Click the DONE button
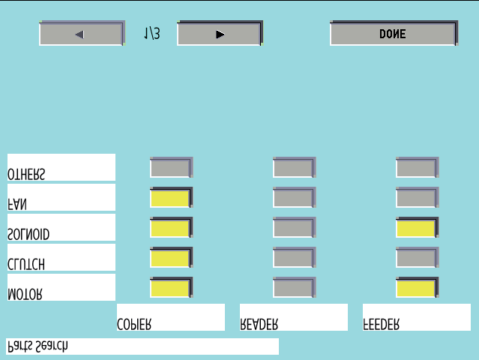(x=394, y=33)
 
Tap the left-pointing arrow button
(x=82, y=33)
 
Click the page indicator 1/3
(x=152, y=33)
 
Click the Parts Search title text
(x=37, y=346)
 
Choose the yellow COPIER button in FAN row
(x=171, y=197)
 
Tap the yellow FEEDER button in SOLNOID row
(x=417, y=227)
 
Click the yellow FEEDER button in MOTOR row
(x=417, y=287)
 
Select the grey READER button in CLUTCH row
(x=294, y=257)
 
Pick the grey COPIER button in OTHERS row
(x=171, y=167)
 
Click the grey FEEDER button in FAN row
(x=417, y=197)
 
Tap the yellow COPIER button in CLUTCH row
(x=171, y=257)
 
